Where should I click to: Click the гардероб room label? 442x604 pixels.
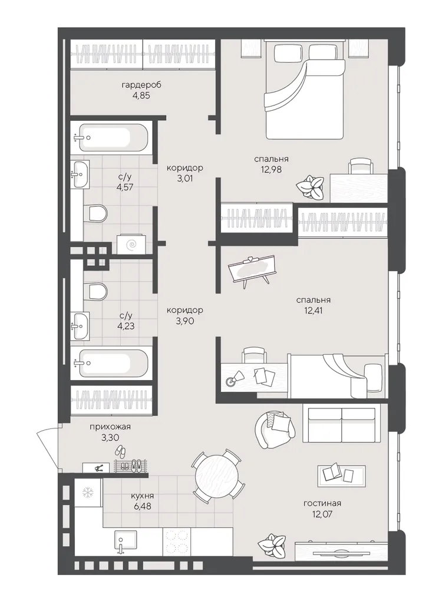(x=141, y=85)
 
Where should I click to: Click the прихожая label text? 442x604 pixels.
(x=110, y=427)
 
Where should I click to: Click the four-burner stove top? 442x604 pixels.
(x=177, y=542)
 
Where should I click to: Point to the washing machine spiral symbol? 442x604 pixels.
(x=132, y=244)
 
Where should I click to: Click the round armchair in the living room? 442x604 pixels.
(x=276, y=430)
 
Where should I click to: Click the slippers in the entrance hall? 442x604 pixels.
(x=121, y=450)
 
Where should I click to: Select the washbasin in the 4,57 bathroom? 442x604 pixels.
(x=80, y=174)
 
